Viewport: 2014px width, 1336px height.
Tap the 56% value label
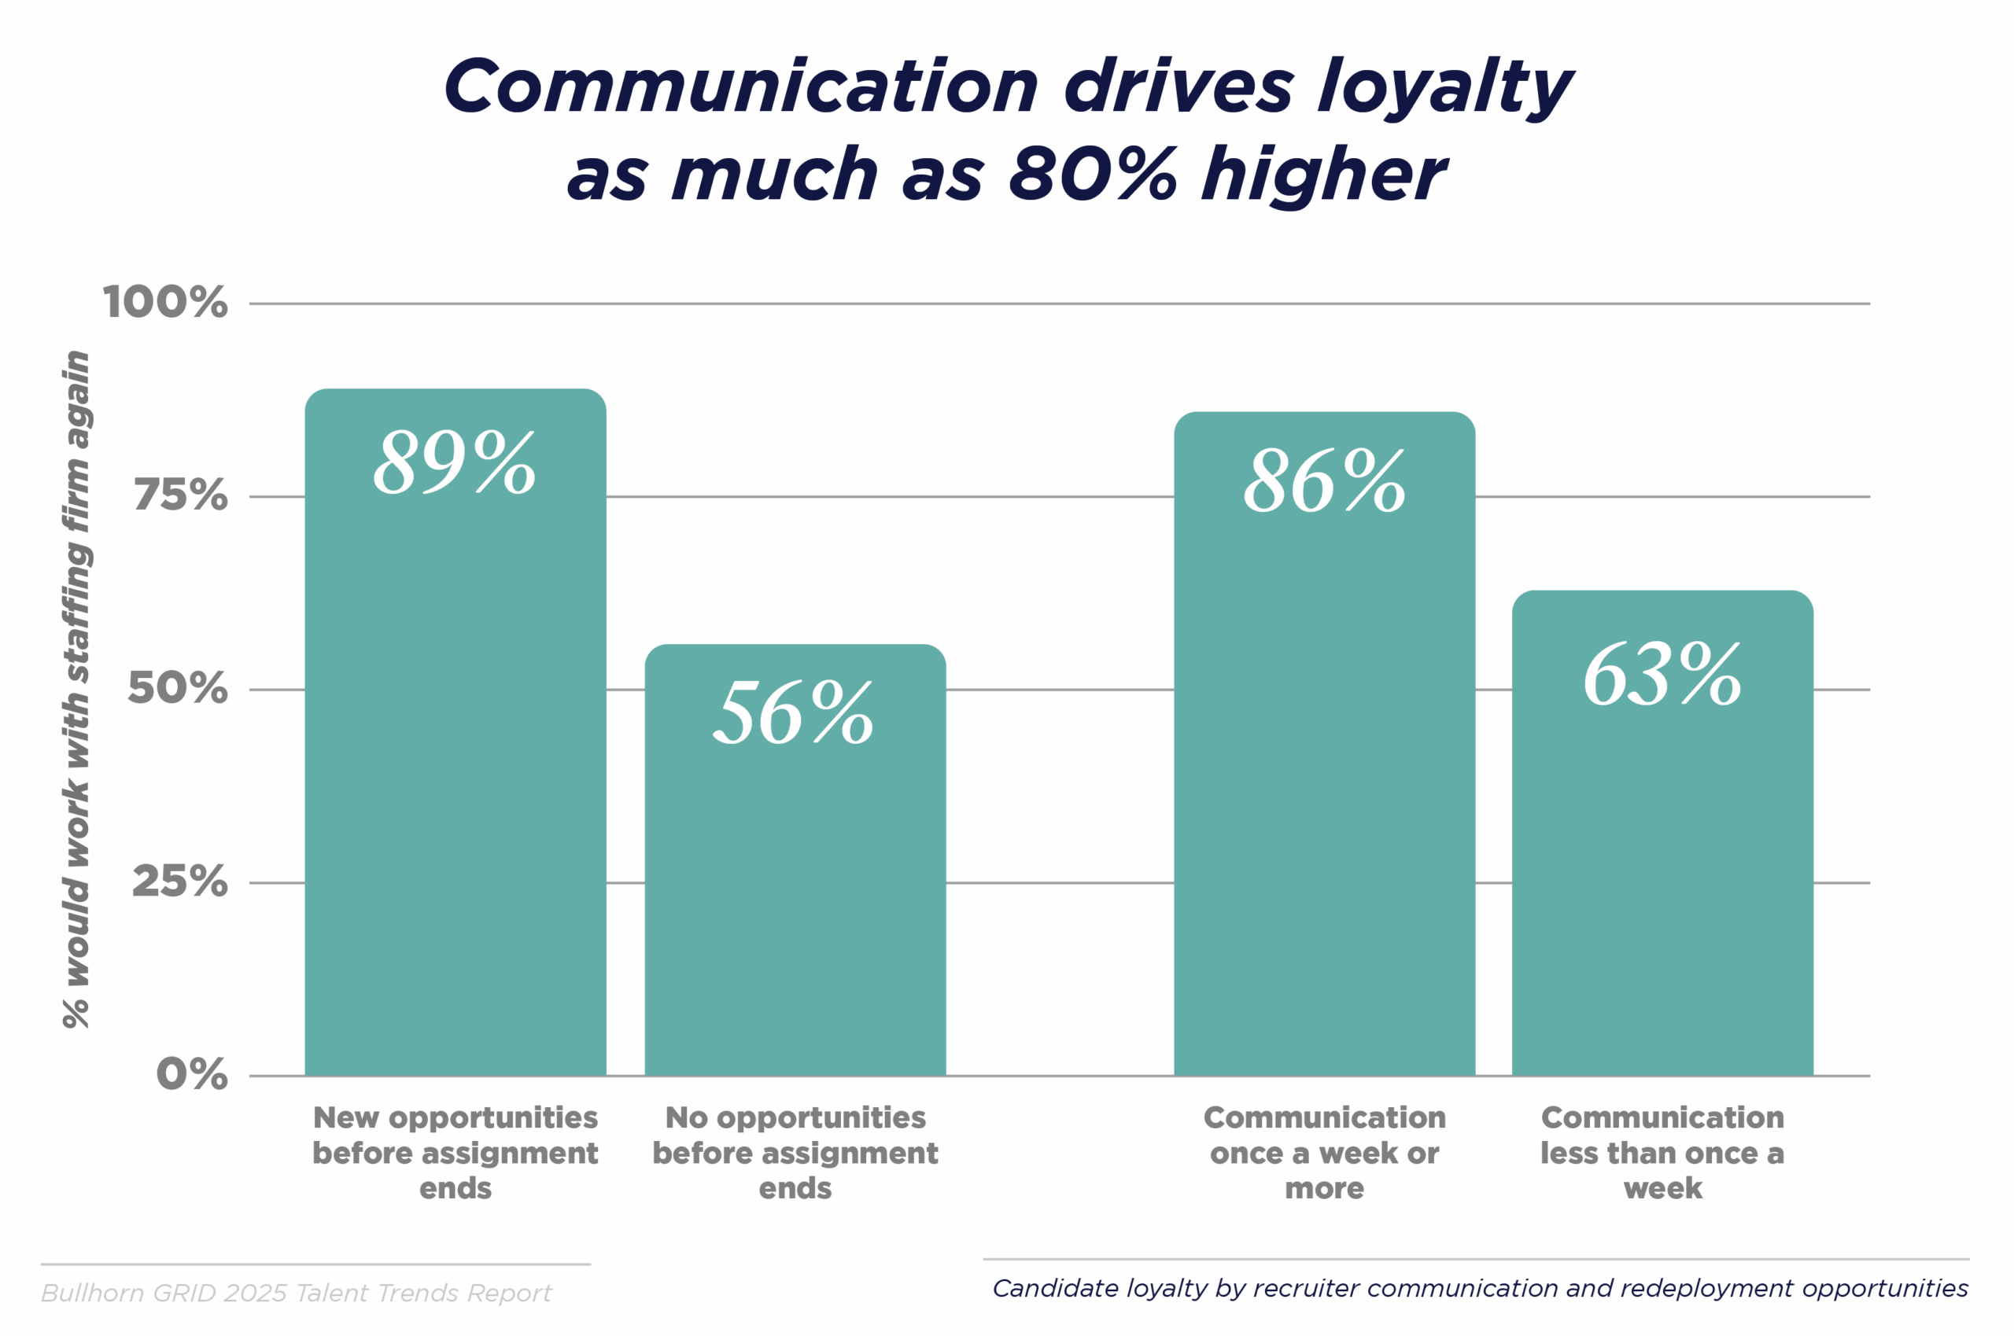[794, 712]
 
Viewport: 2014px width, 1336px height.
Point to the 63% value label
[1662, 675]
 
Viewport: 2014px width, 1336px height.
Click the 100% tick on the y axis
[165, 303]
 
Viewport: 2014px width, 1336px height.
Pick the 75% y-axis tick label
[181, 496]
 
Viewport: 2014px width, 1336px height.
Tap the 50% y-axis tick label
[178, 689]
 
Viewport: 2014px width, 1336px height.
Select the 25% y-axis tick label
[180, 881]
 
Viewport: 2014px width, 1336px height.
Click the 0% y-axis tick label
[192, 1074]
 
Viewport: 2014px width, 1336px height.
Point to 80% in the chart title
[1092, 174]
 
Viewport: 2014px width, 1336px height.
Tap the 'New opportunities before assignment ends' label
[456, 1152]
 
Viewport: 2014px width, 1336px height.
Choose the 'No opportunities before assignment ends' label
[795, 1152]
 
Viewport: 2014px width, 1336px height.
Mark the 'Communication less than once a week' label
[1662, 1152]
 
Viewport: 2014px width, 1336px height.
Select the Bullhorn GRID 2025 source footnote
[297, 1294]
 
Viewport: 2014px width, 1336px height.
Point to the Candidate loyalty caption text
[1480, 1288]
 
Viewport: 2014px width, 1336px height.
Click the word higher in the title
[1323, 174]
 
